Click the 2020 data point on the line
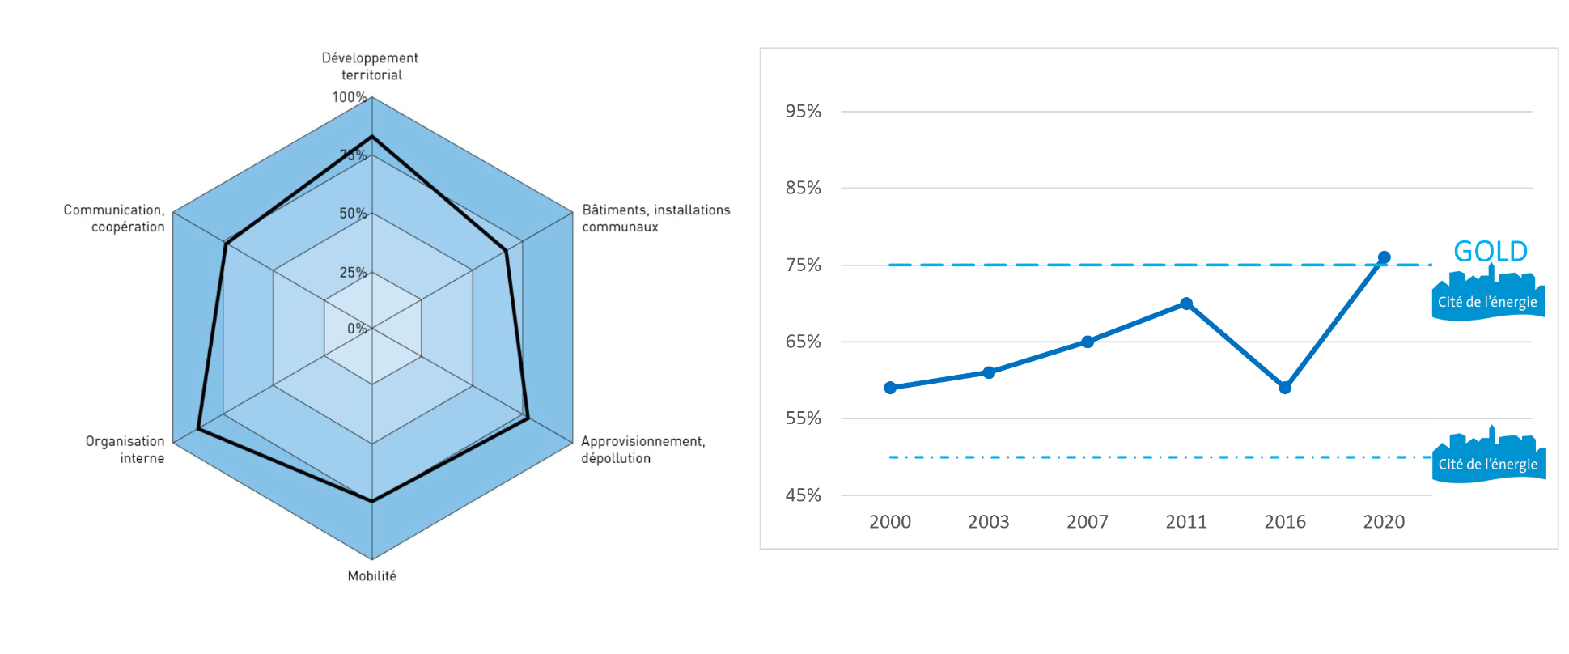1384,257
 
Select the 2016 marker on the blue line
1285,388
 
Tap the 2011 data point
1186,304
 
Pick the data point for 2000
890,388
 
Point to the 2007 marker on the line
1088,342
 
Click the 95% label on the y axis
803,111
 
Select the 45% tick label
803,495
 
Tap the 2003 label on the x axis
989,522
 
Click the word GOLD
1491,251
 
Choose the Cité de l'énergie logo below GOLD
1487,297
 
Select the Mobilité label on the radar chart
372,575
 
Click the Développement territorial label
371,66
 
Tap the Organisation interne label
125,449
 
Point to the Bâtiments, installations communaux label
655,218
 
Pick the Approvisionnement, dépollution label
642,449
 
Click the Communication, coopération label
115,218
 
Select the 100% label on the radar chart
349,97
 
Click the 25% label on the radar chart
353,272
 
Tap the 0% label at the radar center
357,328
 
